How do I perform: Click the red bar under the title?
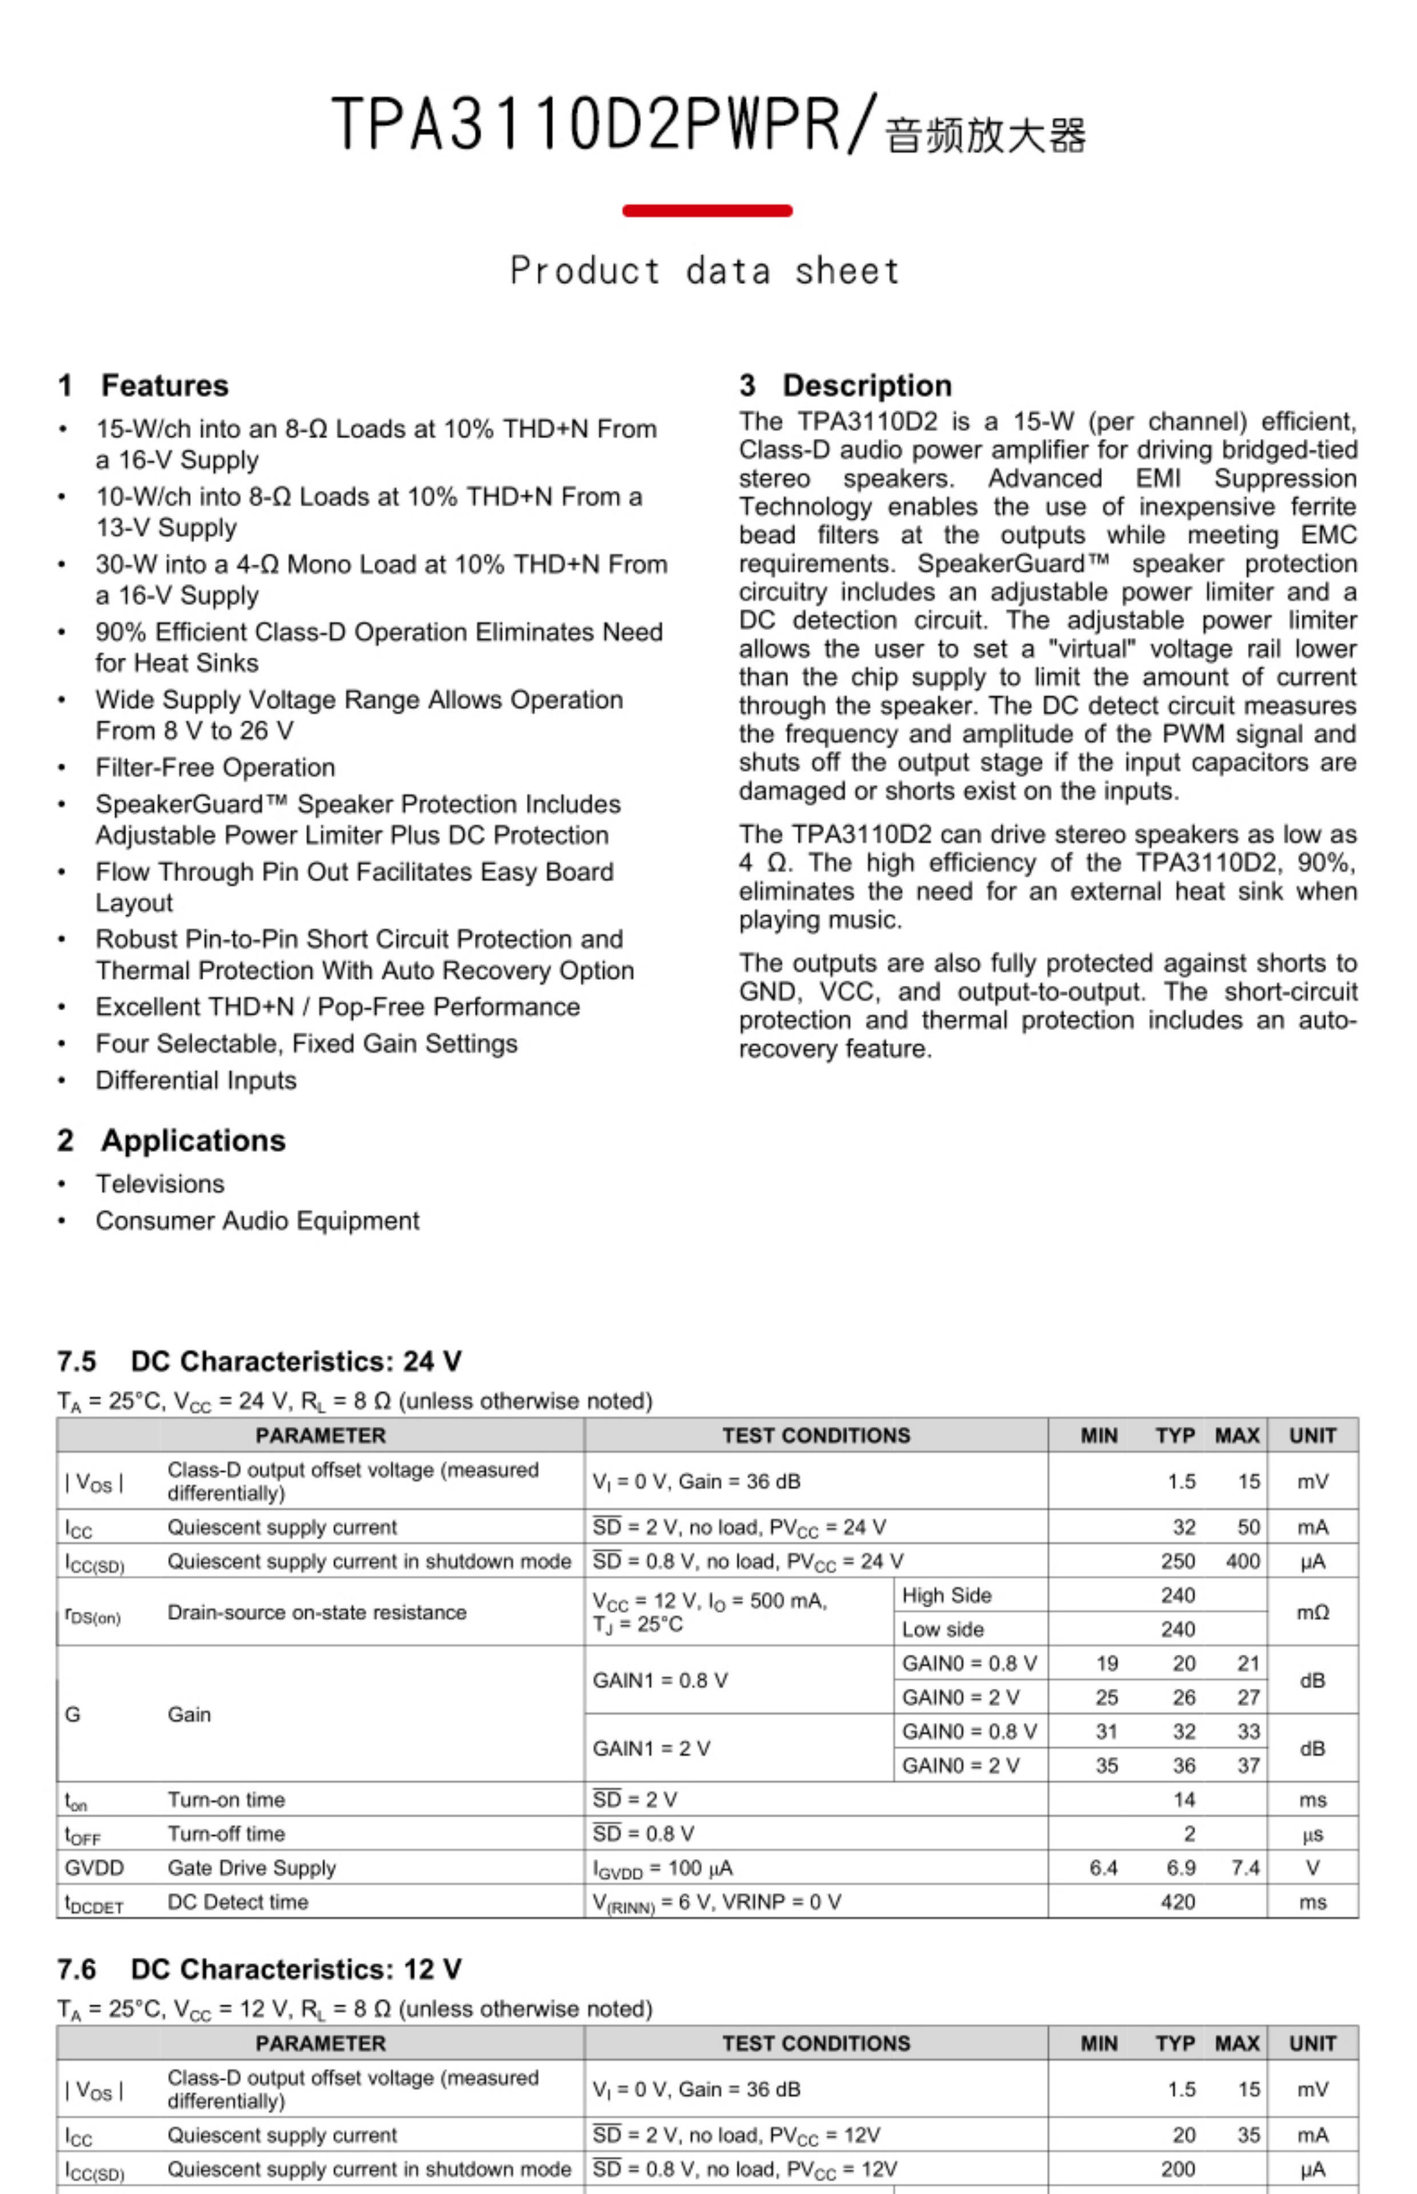(x=707, y=211)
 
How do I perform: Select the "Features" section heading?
(x=164, y=386)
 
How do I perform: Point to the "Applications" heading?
(x=193, y=1140)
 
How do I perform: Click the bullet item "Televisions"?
(x=160, y=1184)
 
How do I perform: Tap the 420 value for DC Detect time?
(x=1178, y=1901)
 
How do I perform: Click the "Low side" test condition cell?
(x=942, y=1629)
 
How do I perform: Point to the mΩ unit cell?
(x=1312, y=1612)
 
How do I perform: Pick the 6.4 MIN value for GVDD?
(x=1103, y=1867)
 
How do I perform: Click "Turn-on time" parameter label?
(x=226, y=1799)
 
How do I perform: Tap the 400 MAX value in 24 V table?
(x=1242, y=1561)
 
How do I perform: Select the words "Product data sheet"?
(x=705, y=271)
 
